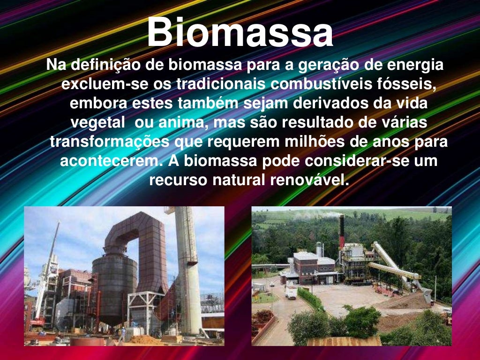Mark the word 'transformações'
pyautogui.click(x=110, y=142)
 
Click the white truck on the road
pyautogui.click(x=291, y=292)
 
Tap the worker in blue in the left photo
pyautogui.click(x=122, y=334)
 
